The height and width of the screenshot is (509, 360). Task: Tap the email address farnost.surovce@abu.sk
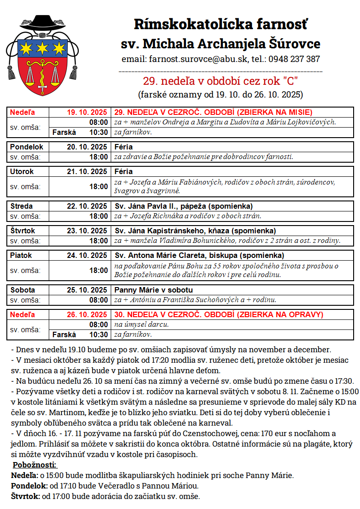click(197, 59)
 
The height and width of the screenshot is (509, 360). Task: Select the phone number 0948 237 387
click(294, 59)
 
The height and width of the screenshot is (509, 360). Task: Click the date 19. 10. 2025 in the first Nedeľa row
click(87, 112)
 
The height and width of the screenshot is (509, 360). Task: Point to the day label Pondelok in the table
click(27, 147)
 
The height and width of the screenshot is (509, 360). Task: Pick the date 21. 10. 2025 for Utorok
click(87, 172)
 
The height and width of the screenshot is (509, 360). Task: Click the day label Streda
click(21, 206)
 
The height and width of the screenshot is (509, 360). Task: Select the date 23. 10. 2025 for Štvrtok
click(87, 231)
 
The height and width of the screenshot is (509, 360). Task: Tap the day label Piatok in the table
click(21, 255)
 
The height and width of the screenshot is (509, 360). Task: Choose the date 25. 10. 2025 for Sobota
click(87, 290)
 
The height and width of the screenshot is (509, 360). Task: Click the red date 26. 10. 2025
click(87, 314)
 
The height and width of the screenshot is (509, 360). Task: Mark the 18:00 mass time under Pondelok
click(99, 157)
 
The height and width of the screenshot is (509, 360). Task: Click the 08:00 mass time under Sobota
click(99, 300)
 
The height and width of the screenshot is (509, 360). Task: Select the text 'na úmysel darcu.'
click(141, 324)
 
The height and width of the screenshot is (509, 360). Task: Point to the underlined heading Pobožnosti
click(35, 465)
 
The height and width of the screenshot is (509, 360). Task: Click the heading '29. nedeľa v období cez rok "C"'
click(220, 82)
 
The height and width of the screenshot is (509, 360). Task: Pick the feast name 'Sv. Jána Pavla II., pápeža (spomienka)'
click(183, 206)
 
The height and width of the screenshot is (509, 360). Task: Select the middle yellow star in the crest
click(42, 47)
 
